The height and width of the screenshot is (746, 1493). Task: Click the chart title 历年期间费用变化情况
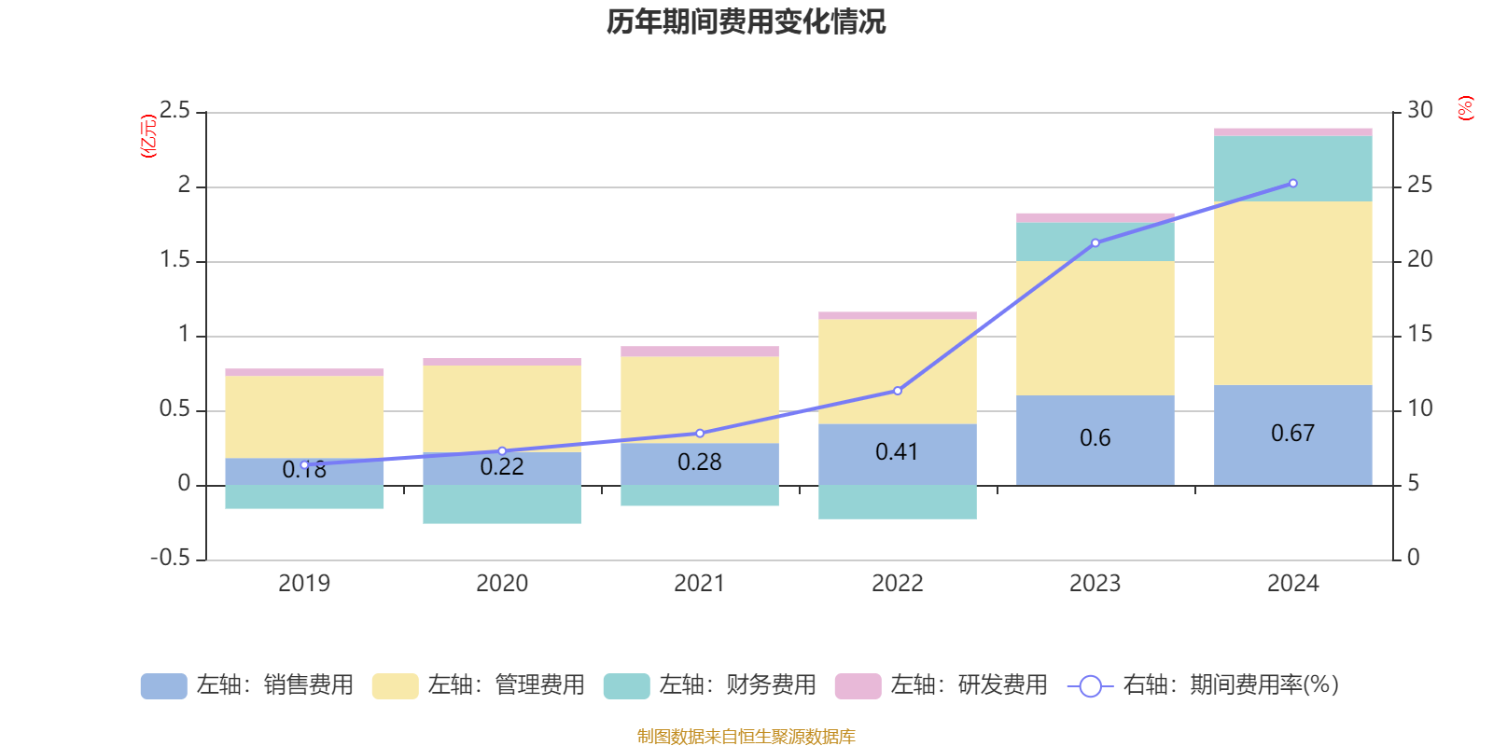coord(746,21)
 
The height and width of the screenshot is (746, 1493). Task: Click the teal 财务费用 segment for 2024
coord(1292,169)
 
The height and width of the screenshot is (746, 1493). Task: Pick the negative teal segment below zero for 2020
coord(501,504)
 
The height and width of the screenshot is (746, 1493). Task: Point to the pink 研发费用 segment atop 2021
coord(699,352)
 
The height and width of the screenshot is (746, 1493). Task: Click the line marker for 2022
coord(898,391)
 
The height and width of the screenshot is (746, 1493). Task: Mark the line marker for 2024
coord(1292,183)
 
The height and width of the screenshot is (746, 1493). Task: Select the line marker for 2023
coord(1095,242)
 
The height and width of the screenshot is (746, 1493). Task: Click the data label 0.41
coord(897,452)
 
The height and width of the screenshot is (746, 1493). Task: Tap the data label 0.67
coord(1292,434)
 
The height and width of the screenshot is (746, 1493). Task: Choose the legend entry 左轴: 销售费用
coord(247,685)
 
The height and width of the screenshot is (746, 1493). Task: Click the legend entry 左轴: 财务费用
coord(710,685)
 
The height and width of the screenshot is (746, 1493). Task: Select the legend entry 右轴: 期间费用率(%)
coord(1204,685)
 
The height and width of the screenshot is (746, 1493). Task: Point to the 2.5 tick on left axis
coord(174,111)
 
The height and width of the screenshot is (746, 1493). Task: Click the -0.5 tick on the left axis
coord(170,558)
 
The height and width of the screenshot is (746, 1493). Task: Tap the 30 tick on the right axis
coord(1420,111)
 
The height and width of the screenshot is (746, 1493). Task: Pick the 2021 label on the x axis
coord(699,584)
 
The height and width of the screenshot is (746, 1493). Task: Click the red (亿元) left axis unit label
coord(148,136)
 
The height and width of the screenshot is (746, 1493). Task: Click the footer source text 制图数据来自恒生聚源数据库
coord(746,737)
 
